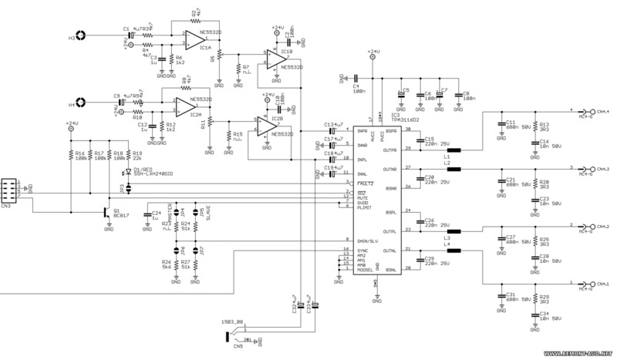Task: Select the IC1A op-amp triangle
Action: (x=194, y=39)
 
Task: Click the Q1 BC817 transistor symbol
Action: (x=107, y=211)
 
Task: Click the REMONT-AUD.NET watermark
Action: (x=579, y=355)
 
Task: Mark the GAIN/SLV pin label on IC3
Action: (x=364, y=241)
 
